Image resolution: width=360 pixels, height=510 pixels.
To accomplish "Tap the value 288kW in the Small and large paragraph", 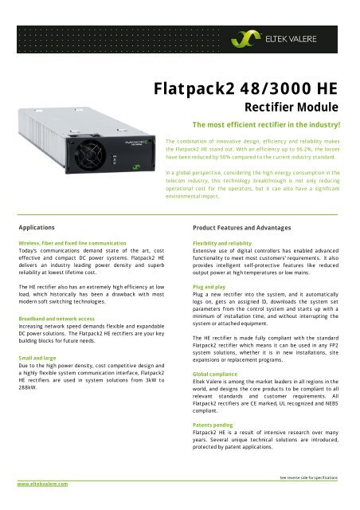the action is (29, 393).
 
